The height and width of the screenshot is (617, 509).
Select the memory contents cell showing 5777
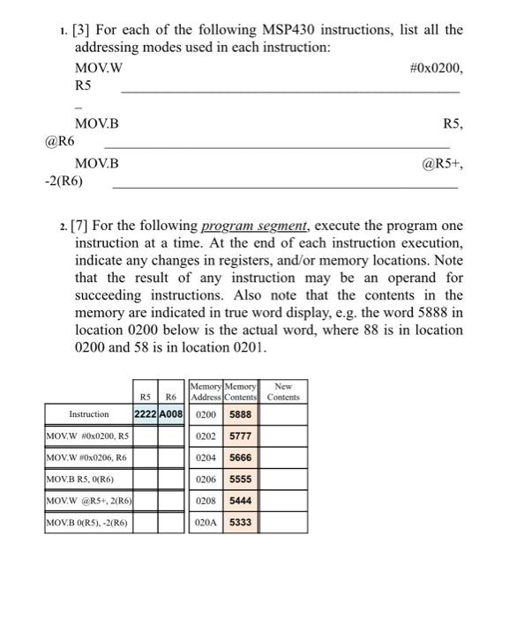[240, 435]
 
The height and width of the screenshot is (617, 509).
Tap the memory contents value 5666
[240, 458]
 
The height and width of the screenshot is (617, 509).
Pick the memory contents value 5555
[240, 480]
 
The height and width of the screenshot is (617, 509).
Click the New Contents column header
[283, 391]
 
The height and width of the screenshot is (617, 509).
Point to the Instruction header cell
[88, 413]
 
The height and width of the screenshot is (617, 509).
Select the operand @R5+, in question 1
[442, 163]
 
